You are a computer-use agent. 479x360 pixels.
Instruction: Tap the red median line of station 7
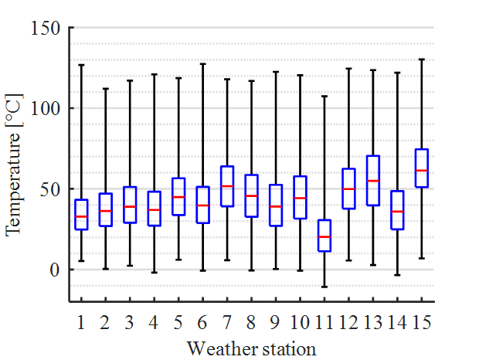(x=227, y=186)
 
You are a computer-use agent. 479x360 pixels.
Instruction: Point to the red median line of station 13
(x=373, y=181)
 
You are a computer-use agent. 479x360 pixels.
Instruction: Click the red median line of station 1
(x=81, y=217)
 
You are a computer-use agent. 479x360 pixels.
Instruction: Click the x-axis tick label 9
(x=276, y=321)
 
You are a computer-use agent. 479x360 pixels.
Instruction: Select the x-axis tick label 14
(x=397, y=321)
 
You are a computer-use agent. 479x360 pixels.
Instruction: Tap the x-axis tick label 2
(x=105, y=321)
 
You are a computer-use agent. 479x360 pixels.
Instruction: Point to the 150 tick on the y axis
(x=48, y=29)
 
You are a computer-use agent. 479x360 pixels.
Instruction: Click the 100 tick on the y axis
(x=48, y=109)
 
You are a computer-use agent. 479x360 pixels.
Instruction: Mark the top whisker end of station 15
(x=422, y=59)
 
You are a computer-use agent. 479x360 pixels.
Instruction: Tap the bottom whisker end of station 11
(x=324, y=287)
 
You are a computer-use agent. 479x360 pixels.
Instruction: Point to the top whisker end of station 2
(x=105, y=89)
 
